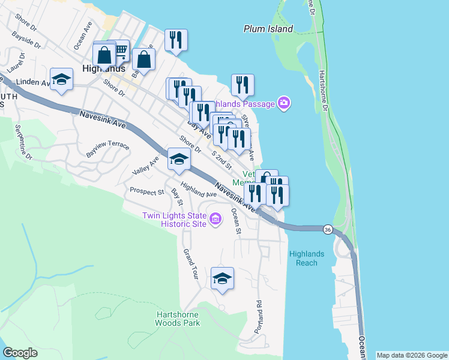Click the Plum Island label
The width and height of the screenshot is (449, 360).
(x=268, y=29)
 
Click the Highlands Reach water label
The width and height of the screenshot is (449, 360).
(x=307, y=259)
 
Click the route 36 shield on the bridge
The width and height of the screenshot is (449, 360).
(x=327, y=229)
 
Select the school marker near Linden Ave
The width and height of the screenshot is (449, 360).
(x=61, y=79)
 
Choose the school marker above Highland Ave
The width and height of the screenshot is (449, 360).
(x=178, y=159)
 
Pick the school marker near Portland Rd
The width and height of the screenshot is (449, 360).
(x=222, y=278)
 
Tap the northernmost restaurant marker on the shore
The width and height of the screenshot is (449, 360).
(x=176, y=40)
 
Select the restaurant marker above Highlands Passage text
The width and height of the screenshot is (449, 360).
(x=243, y=85)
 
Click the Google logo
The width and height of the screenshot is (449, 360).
(x=20, y=353)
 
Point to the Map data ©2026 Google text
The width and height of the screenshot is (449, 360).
(x=412, y=355)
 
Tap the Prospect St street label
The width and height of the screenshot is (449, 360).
(x=147, y=191)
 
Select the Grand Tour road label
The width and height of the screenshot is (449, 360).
(x=190, y=259)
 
